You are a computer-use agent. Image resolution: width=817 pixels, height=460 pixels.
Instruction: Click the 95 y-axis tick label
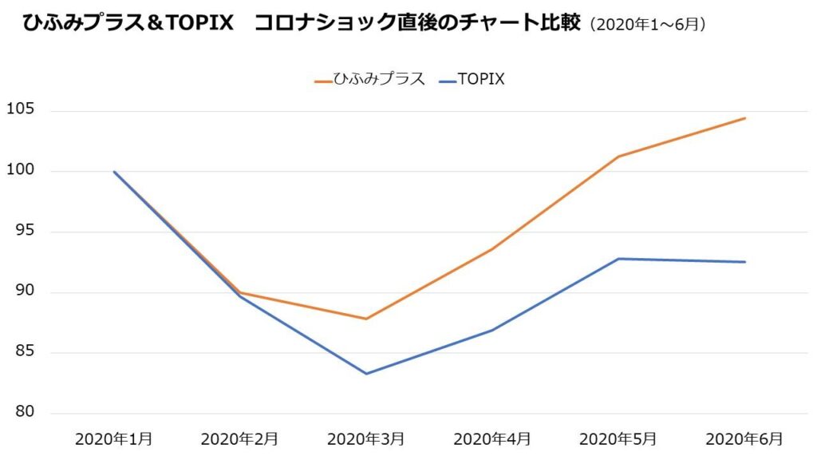22,231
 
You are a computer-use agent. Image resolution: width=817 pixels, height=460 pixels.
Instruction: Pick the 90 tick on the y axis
22,291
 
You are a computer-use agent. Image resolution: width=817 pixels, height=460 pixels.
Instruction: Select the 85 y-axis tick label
22,352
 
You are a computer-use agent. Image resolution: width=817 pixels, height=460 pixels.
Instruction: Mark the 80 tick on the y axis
22,413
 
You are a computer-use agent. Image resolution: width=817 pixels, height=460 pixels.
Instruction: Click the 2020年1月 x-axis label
114,438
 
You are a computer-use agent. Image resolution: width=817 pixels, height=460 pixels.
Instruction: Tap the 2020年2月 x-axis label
240,438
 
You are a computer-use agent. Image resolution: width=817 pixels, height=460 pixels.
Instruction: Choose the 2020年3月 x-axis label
366,438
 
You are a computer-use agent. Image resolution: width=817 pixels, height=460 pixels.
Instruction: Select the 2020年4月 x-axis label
492,438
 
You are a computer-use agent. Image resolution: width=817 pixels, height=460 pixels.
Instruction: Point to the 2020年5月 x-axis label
618,438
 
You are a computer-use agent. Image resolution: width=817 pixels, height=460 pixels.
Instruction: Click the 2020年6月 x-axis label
744,438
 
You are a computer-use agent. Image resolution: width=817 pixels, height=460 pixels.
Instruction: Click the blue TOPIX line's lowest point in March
366,374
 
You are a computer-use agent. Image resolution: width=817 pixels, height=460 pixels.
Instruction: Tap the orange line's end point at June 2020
744,118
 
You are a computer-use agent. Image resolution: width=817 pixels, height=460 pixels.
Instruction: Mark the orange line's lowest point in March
366,319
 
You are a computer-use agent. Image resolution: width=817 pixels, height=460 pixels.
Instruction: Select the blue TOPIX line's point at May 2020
618,259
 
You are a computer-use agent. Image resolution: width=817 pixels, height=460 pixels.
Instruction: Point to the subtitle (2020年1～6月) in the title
647,25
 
